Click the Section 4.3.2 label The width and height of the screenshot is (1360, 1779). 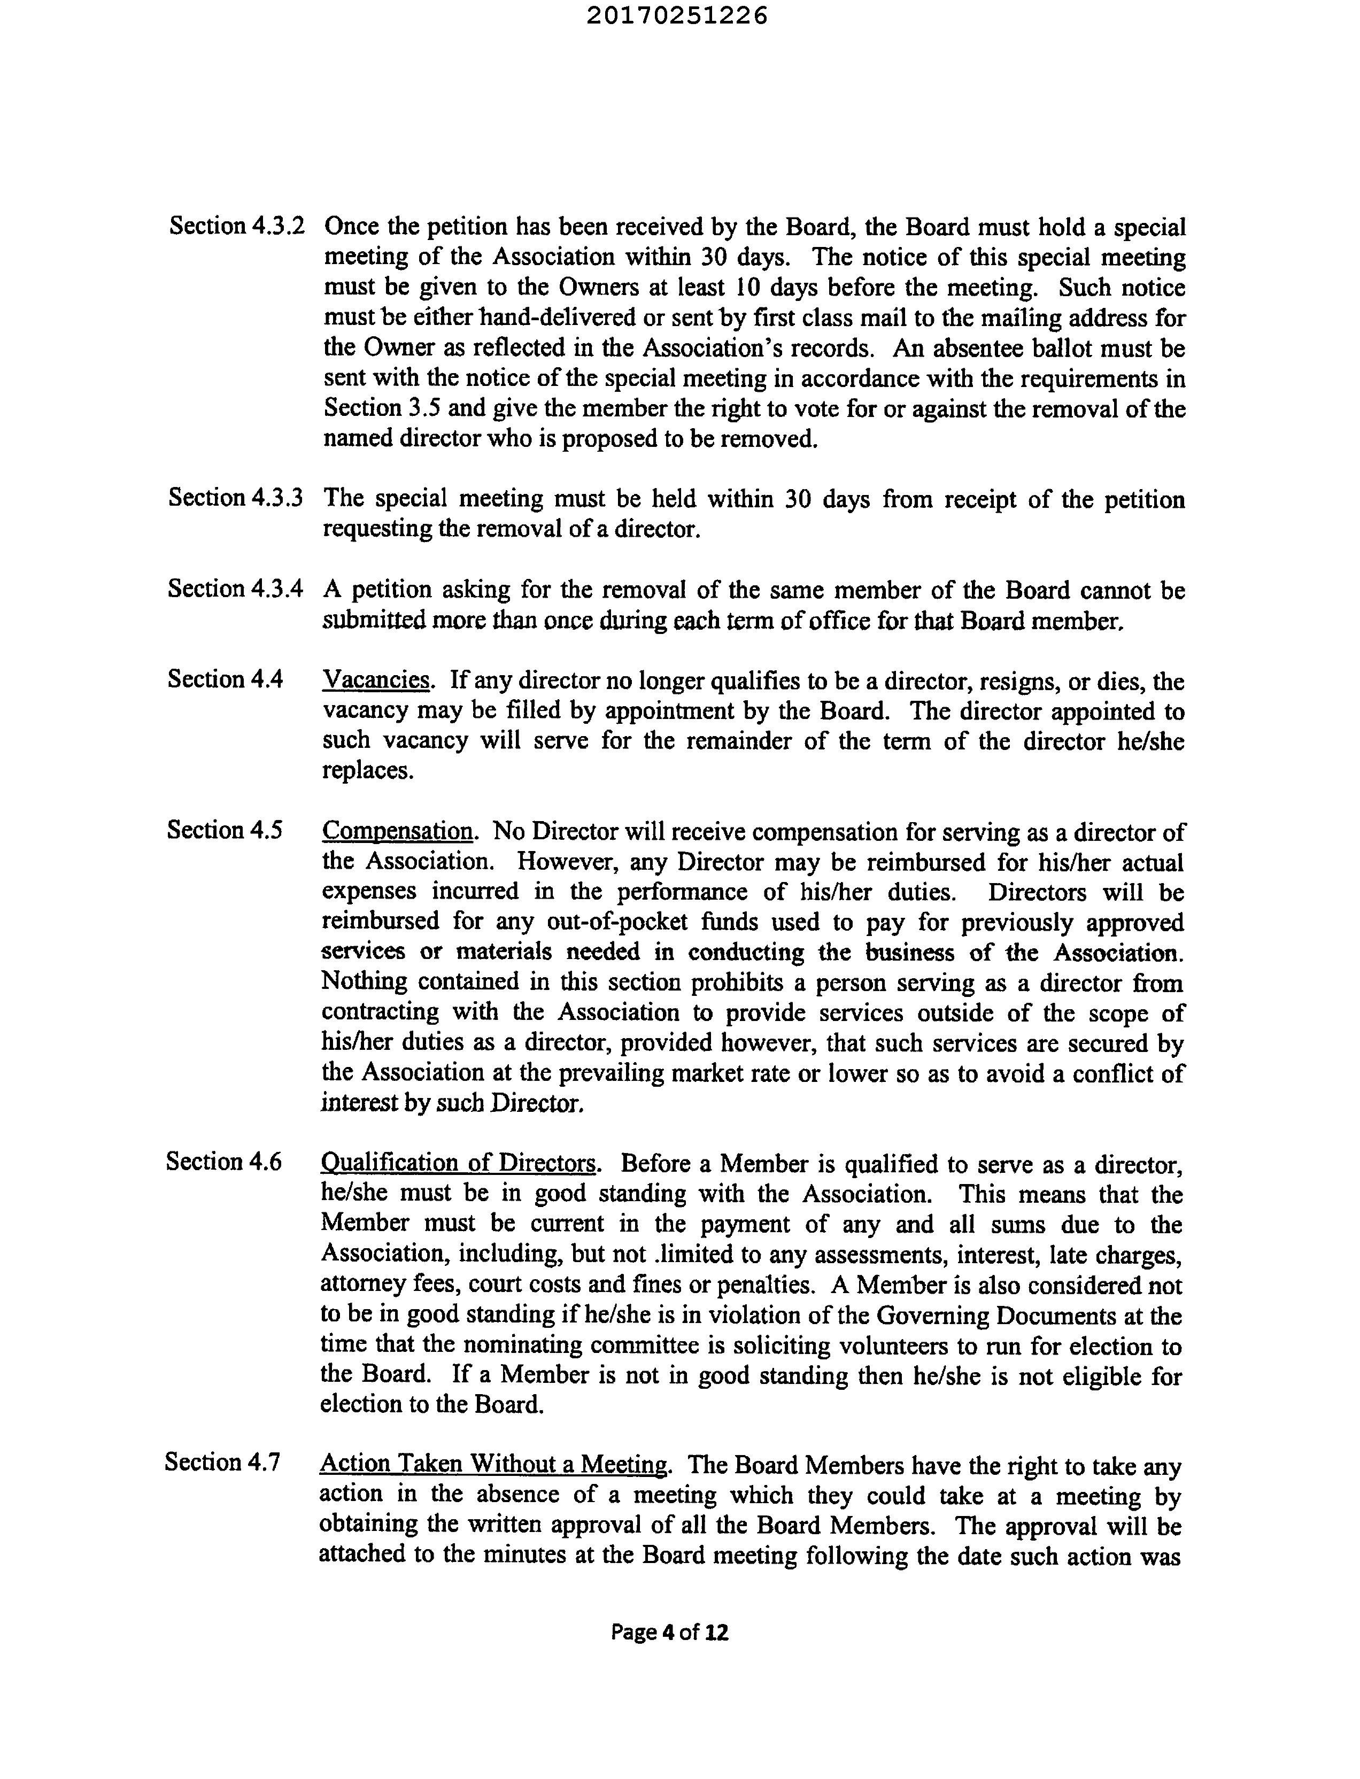click(x=236, y=226)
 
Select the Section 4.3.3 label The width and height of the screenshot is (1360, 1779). click(x=236, y=497)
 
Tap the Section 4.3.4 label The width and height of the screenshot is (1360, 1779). click(x=236, y=589)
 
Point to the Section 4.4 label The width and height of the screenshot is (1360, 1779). click(x=225, y=678)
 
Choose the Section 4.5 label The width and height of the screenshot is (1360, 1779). click(x=224, y=830)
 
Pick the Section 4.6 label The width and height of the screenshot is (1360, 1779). click(x=223, y=1162)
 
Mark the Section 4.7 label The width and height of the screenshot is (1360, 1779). click(x=222, y=1461)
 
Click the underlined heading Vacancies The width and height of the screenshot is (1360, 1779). click(x=376, y=680)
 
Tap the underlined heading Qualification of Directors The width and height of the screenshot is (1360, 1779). click(x=459, y=1163)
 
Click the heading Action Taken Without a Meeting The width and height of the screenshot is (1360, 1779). click(x=494, y=1463)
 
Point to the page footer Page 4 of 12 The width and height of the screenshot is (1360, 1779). click(x=669, y=1633)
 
